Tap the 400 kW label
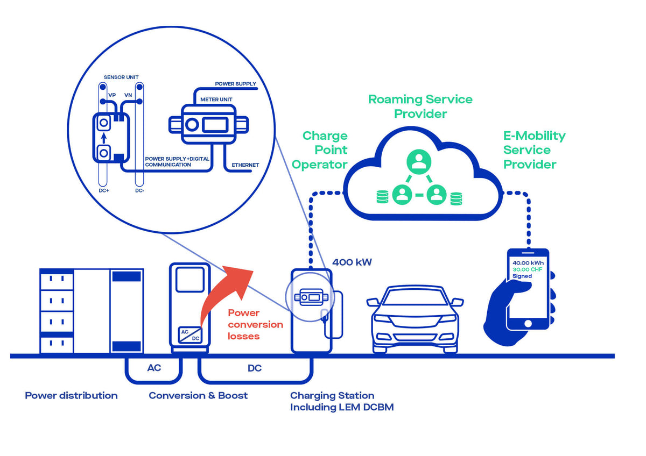pos(352,262)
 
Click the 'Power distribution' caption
pos(71,395)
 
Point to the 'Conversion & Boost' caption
pos(198,395)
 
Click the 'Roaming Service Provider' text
pos(420,106)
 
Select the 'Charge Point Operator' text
pos(324,150)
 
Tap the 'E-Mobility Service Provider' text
pos(534,150)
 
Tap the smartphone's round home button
pos(528,323)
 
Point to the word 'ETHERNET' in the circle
pos(245,165)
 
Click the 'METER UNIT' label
pos(216,99)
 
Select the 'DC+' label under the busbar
pos(104,190)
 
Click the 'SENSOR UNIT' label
pos(121,77)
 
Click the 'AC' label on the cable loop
pos(154,368)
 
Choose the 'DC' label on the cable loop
pos(255,368)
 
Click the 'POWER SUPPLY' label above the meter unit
pos(235,84)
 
